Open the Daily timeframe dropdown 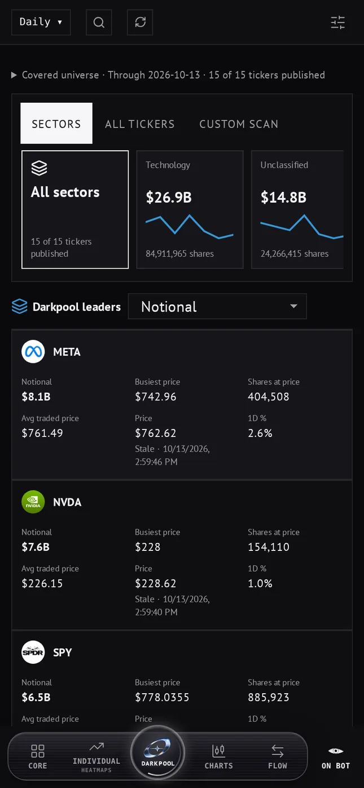pos(41,22)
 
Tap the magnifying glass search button pos(99,22)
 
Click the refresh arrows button pos(140,22)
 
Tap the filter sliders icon pos(337,23)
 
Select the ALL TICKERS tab pos(139,124)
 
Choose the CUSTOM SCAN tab pos(239,124)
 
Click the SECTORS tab pos(56,123)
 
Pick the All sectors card pos(75,209)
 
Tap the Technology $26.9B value pos(169,198)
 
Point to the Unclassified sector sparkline pos(302,226)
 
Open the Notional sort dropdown pos(217,307)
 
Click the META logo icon pos(33,352)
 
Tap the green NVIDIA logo pos(33,502)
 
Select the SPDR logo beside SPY pos(33,652)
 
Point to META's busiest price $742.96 pos(156,397)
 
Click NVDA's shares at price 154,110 pos(269,547)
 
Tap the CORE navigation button pos(38,756)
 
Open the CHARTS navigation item pos(219,756)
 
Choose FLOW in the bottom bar pos(278,756)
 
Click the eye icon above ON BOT pos(336,751)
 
